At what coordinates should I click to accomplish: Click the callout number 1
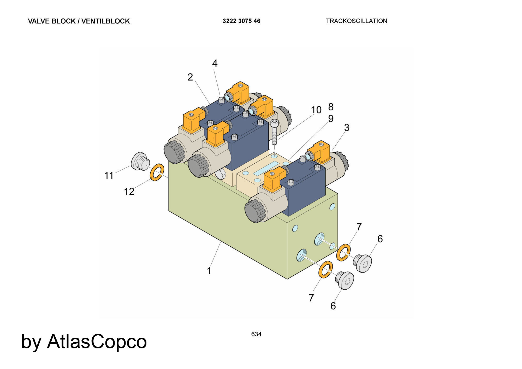click(209, 271)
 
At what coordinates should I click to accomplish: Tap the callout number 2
click(190, 77)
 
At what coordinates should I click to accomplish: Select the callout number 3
click(347, 128)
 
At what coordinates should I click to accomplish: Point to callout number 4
click(215, 63)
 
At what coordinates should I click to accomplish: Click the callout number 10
click(316, 110)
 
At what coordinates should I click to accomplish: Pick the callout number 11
click(109, 176)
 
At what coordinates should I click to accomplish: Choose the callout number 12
click(129, 192)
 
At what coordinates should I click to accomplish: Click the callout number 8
click(331, 107)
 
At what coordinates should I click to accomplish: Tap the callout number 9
click(331, 119)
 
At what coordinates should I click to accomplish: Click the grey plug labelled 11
click(140, 161)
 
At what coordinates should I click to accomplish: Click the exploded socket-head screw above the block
click(275, 132)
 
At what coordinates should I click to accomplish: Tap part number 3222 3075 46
click(241, 21)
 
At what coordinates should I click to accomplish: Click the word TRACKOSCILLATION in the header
click(357, 21)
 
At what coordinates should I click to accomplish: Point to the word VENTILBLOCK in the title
click(105, 21)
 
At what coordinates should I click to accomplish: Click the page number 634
click(256, 334)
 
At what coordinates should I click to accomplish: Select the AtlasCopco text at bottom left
click(97, 341)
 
